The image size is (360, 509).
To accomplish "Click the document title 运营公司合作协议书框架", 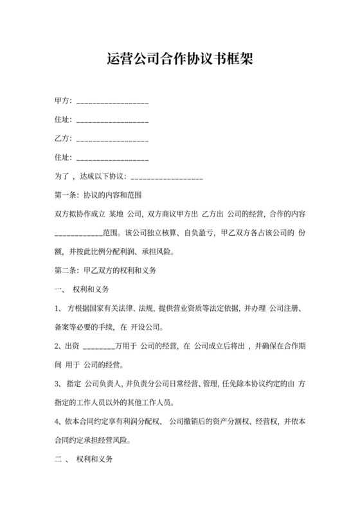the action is pyautogui.click(x=180, y=60).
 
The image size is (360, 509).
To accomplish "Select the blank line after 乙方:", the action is pyautogui.click(x=113, y=139).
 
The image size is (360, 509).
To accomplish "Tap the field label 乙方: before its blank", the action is pyautogui.click(x=64, y=138).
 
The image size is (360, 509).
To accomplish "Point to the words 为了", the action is pyautogui.click(x=62, y=175).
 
